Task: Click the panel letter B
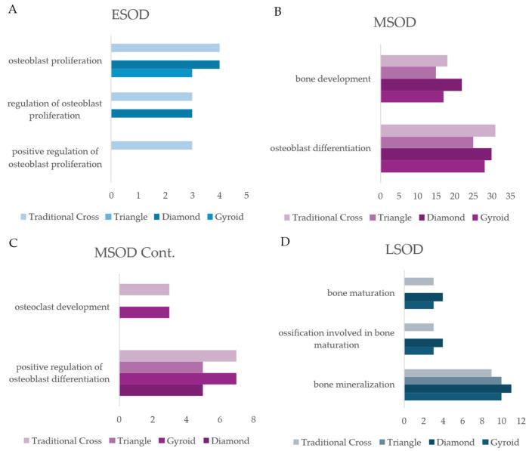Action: (277, 11)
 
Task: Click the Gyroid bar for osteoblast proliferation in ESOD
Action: (151, 73)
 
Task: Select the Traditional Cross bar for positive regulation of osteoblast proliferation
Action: (151, 145)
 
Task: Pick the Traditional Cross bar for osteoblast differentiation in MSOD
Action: (438, 131)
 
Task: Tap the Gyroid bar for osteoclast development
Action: (144, 313)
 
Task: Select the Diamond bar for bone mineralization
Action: (457, 388)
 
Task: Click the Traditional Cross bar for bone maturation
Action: (419, 282)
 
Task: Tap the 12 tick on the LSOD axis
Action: (521, 420)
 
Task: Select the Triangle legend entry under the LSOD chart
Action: (405, 442)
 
